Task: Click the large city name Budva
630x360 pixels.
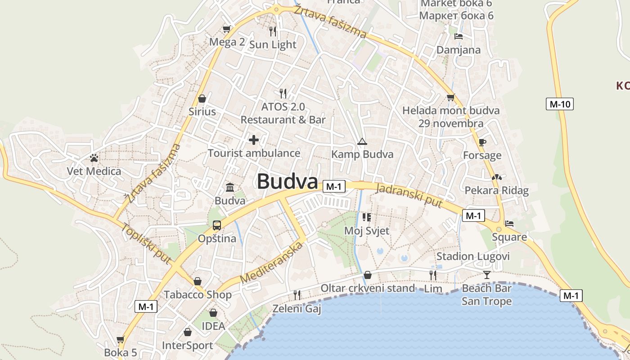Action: (287, 181)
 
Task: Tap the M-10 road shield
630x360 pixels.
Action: (560, 104)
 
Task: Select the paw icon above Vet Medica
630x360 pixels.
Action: (94, 158)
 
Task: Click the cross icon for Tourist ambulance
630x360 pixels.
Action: (254, 140)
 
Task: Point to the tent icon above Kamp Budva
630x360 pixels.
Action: (362, 142)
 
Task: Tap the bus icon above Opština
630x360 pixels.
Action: (217, 225)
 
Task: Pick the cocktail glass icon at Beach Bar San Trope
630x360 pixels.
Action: (486, 274)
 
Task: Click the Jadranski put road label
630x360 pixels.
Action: (409, 196)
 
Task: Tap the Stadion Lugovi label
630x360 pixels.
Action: (473, 256)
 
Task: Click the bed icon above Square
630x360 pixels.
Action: (509, 223)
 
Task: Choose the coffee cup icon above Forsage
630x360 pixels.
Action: (482, 142)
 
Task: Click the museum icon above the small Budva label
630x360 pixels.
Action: (230, 187)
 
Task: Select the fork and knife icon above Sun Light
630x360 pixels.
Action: (273, 31)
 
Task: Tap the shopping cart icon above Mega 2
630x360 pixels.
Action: (227, 29)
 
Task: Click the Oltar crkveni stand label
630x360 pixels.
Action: (368, 288)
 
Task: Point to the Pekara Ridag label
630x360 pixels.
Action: (496, 190)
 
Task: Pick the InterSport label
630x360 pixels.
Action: (187, 346)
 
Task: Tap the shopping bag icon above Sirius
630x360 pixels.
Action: (202, 98)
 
